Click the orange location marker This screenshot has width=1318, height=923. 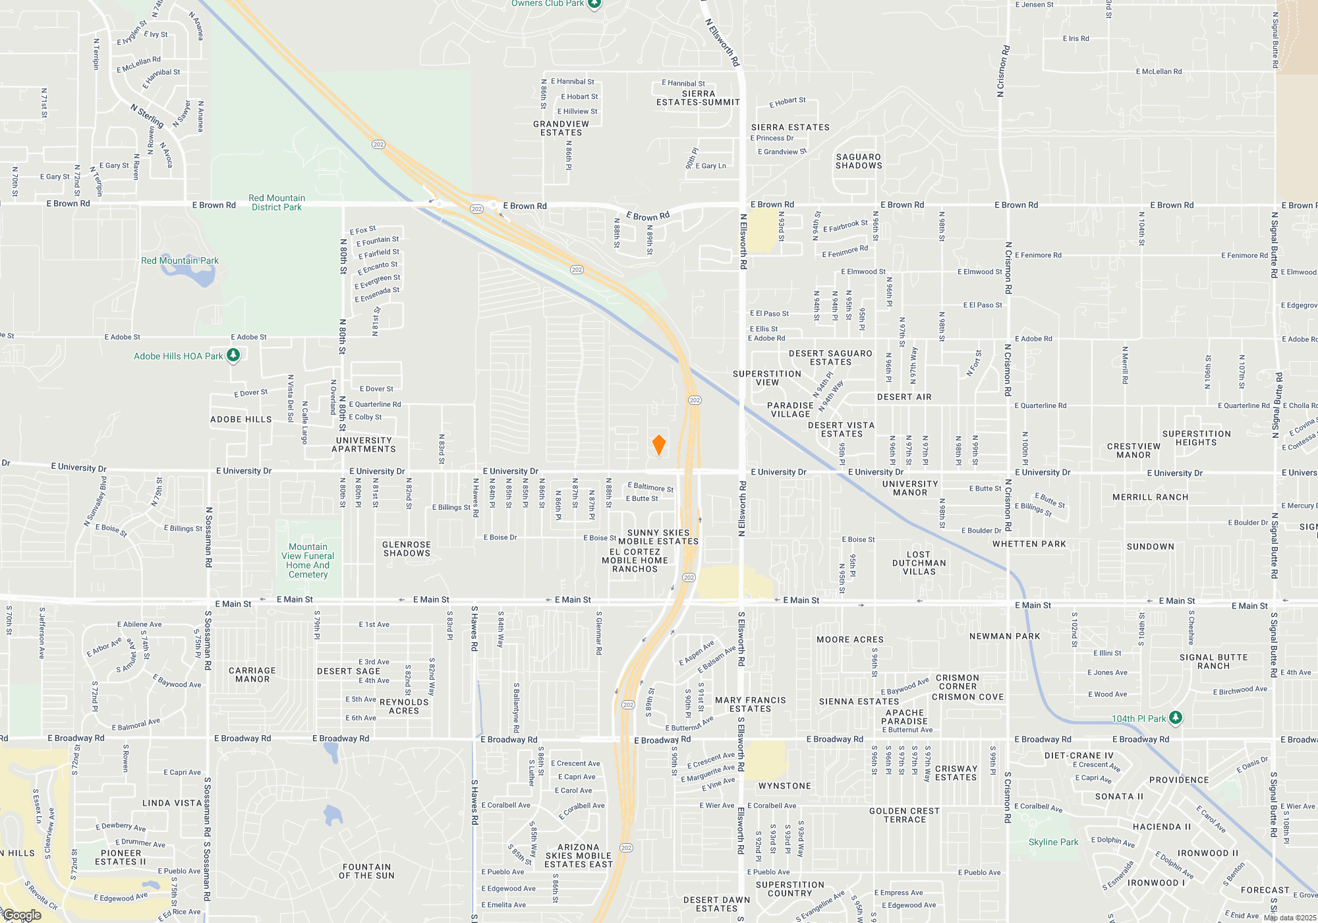(x=658, y=445)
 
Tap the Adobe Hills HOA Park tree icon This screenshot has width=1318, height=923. (x=233, y=355)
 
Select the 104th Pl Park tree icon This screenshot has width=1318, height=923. (x=1175, y=718)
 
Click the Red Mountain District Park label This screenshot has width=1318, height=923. (x=277, y=202)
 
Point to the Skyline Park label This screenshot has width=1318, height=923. (x=1053, y=842)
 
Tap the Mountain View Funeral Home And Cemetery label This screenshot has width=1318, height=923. (x=308, y=560)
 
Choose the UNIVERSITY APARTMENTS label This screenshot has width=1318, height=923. (x=364, y=445)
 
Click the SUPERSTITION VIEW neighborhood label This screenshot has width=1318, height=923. (x=767, y=378)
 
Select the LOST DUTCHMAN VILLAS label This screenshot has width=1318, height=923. (x=919, y=563)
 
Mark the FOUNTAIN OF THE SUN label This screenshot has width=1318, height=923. (x=366, y=872)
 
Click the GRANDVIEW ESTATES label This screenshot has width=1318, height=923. (x=561, y=128)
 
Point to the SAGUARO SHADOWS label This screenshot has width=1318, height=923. (x=859, y=162)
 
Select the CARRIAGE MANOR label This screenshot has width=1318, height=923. (x=252, y=675)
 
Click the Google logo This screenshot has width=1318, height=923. (x=22, y=915)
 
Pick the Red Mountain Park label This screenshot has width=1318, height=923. (x=180, y=260)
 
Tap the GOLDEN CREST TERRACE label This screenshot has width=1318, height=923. (x=904, y=816)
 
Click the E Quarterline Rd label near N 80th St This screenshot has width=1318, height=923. (x=375, y=404)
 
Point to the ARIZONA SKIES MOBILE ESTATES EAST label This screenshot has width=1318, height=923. (x=579, y=856)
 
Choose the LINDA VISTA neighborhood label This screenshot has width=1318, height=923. (x=172, y=803)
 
